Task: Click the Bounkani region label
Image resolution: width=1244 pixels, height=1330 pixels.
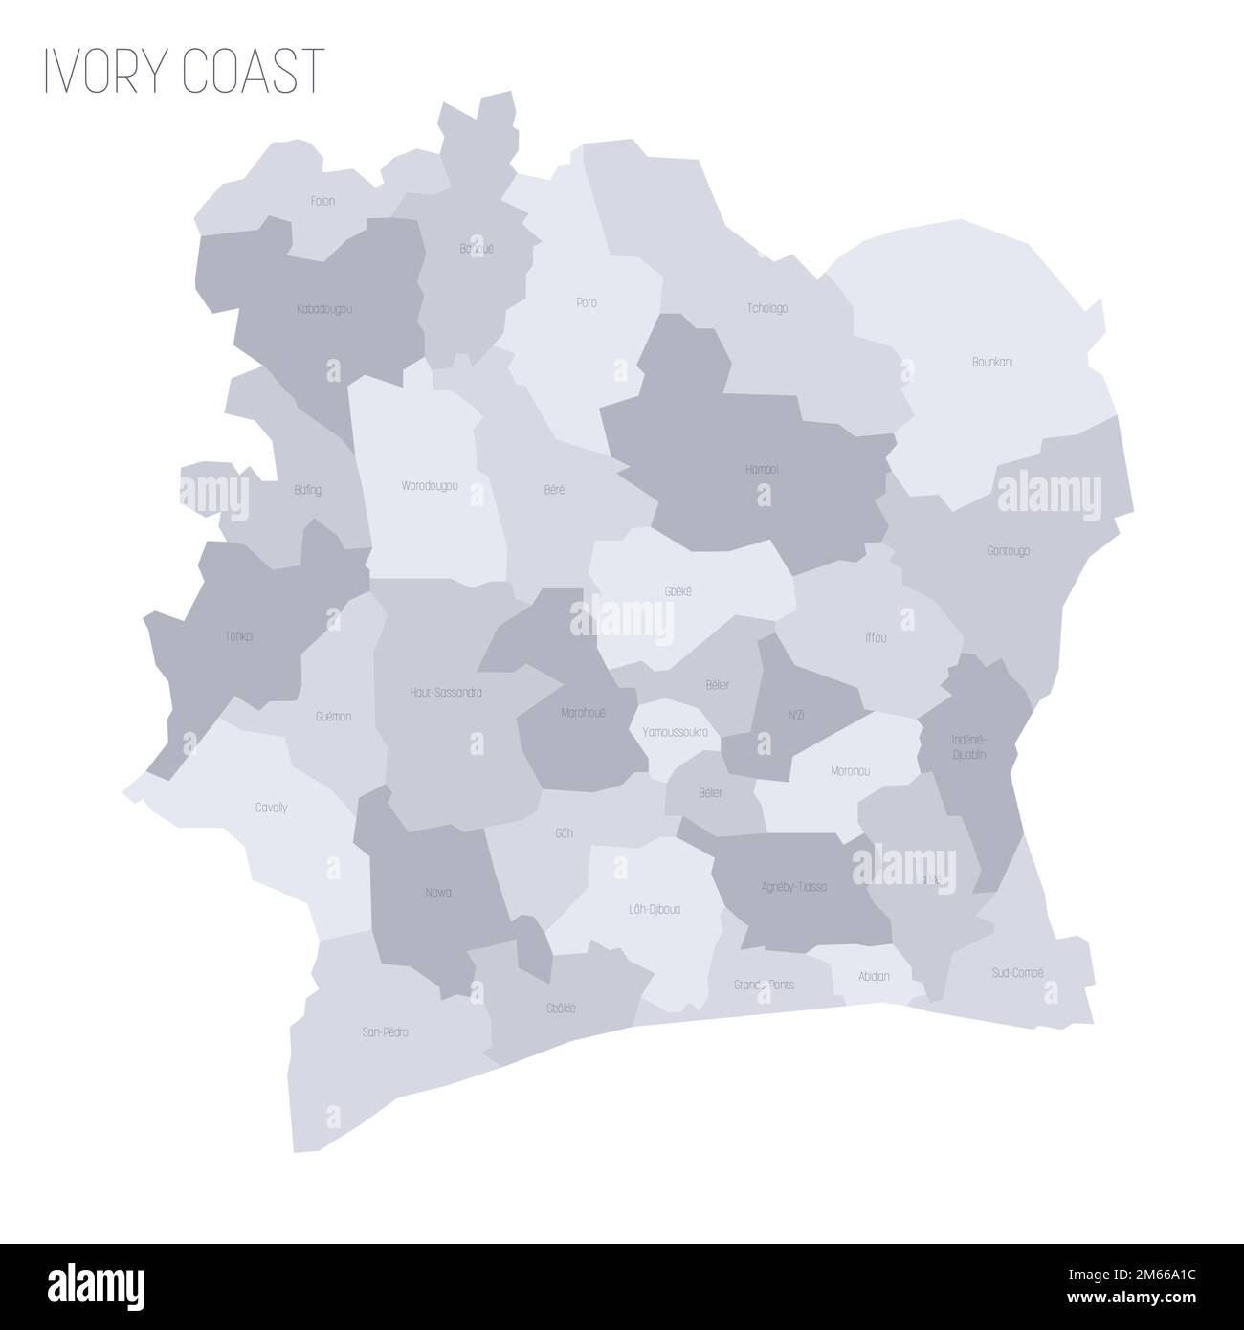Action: pyautogui.click(x=992, y=363)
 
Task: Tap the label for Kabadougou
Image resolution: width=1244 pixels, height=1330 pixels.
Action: pyautogui.click(x=325, y=310)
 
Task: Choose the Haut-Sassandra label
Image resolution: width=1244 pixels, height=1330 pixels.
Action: pyautogui.click(x=445, y=692)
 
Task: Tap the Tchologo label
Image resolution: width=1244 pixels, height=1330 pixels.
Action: pyautogui.click(x=766, y=308)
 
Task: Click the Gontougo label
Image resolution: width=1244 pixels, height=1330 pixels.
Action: pyautogui.click(x=1009, y=551)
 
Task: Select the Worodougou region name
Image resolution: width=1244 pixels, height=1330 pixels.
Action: pyautogui.click(x=429, y=486)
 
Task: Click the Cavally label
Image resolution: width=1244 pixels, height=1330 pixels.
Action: pyautogui.click(x=271, y=808)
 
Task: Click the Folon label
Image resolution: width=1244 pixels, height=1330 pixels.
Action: pyautogui.click(x=322, y=201)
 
